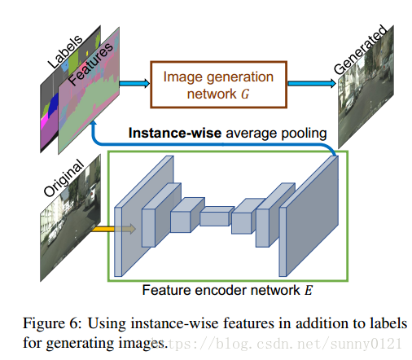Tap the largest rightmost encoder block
[309, 216]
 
